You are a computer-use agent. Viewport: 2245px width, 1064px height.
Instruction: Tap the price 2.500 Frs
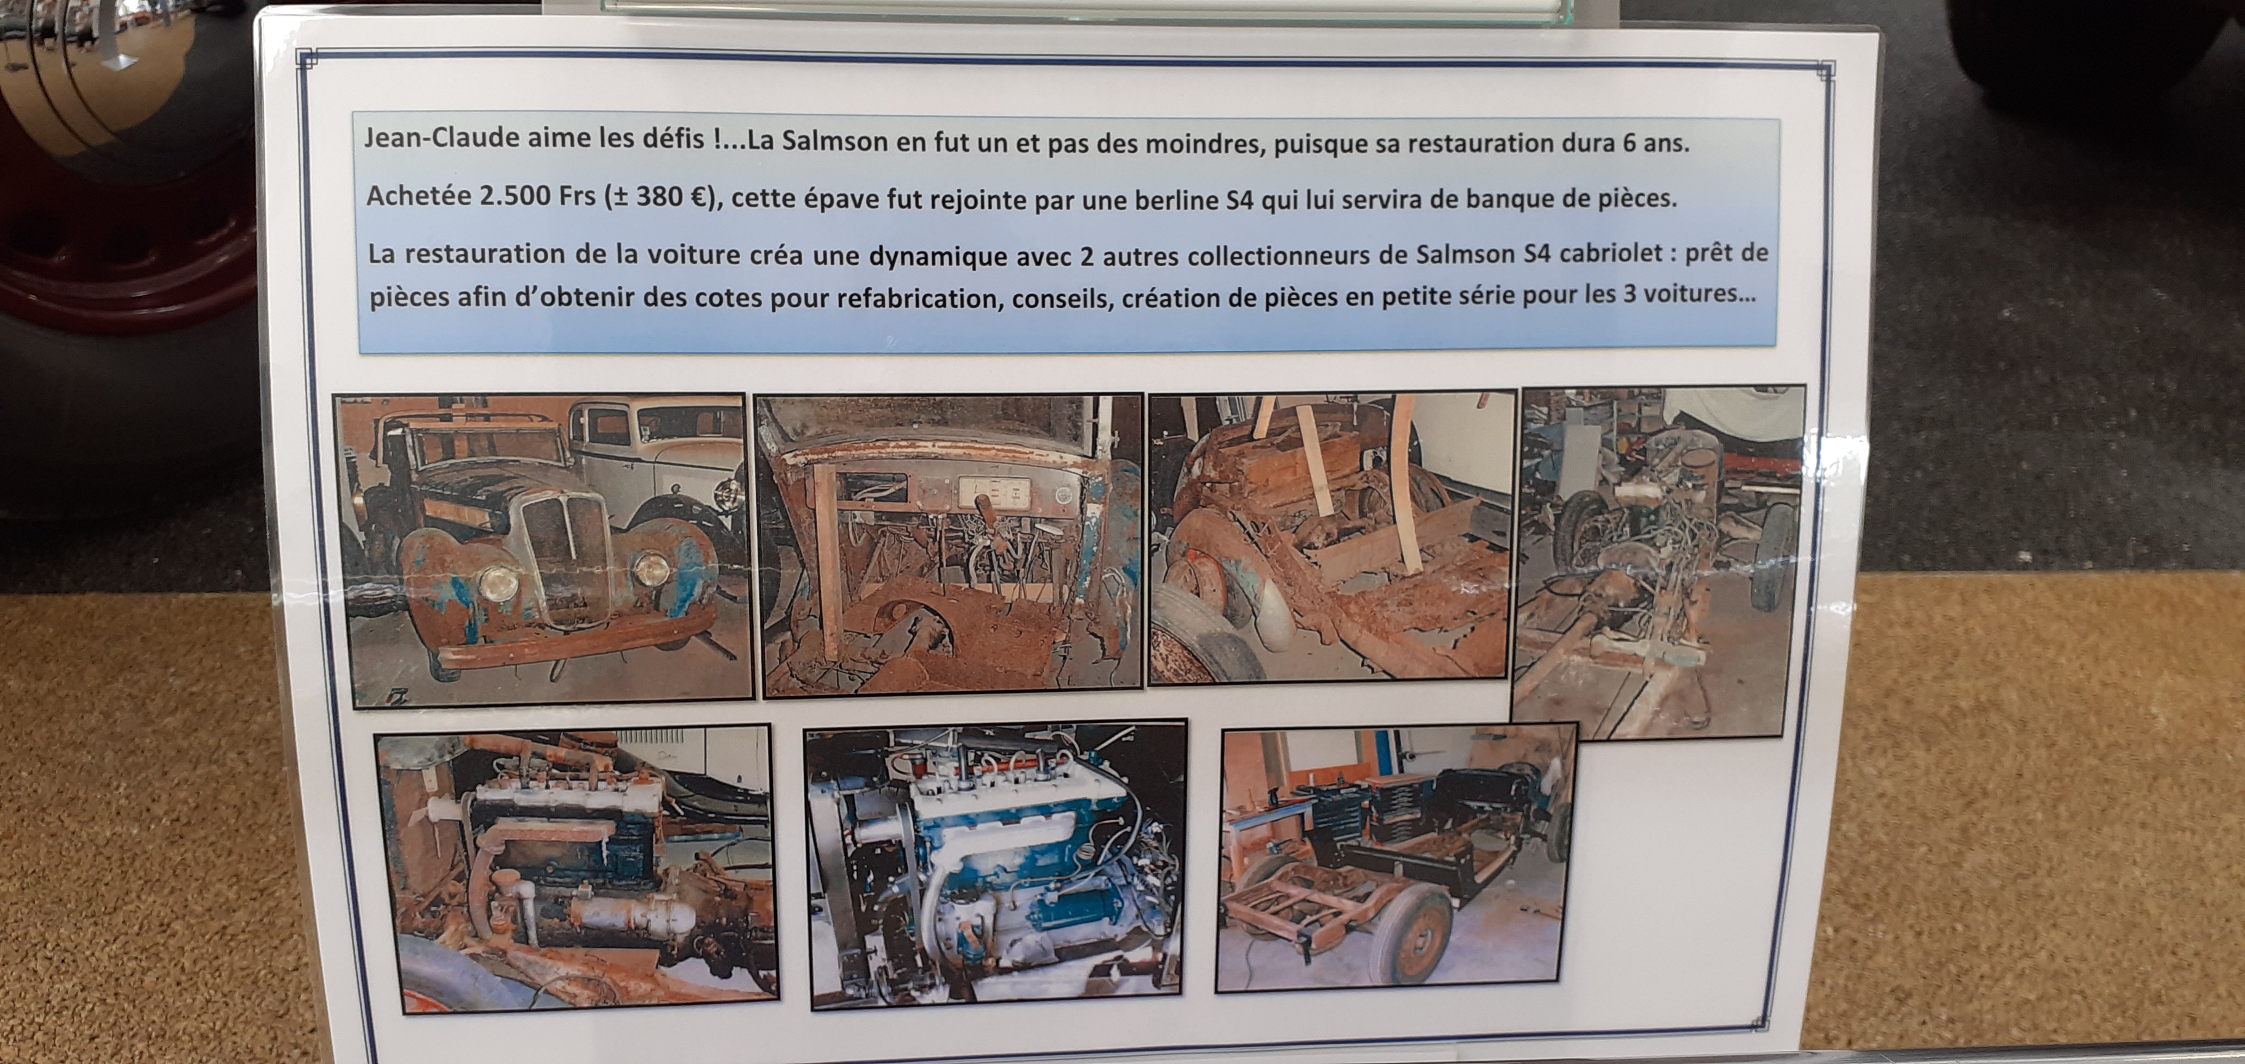(x=538, y=195)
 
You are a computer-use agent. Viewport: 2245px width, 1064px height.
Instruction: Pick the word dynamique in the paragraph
(x=938, y=256)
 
